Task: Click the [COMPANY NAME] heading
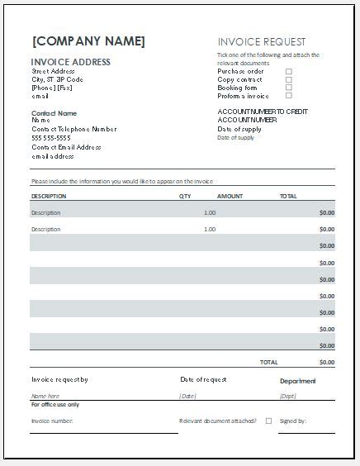point(88,41)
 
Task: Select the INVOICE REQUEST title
point(262,41)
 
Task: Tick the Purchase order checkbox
point(289,71)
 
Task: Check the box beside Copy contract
point(289,79)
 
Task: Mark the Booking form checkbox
point(289,88)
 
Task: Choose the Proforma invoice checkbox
point(289,96)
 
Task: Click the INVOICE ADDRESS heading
point(70,62)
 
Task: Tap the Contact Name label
point(54,112)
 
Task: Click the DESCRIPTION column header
point(49,197)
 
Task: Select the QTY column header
point(185,197)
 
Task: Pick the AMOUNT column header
point(230,197)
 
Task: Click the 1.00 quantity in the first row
point(209,213)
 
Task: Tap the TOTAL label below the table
point(269,362)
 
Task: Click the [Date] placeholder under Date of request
point(188,397)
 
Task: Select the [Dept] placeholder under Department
point(287,397)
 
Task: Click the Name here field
point(45,397)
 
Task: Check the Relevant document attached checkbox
point(268,421)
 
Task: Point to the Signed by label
point(293,421)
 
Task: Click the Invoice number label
point(52,421)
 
